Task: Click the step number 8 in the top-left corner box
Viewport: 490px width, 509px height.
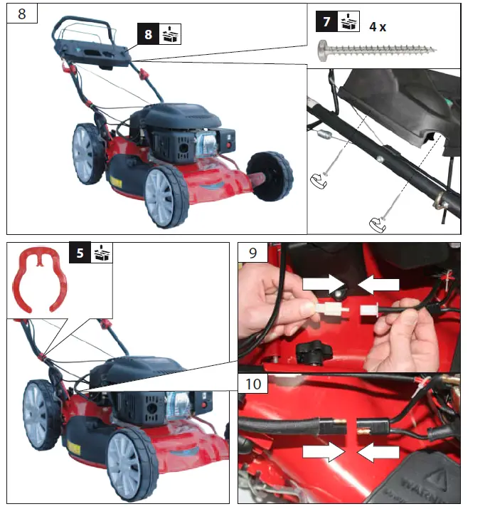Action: [x=21, y=15]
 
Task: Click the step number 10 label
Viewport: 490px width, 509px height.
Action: [x=254, y=385]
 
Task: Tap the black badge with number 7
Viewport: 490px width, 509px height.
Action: [x=326, y=21]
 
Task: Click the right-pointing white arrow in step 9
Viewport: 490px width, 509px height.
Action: [x=324, y=284]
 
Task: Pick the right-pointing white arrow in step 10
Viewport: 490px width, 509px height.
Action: [x=322, y=452]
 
